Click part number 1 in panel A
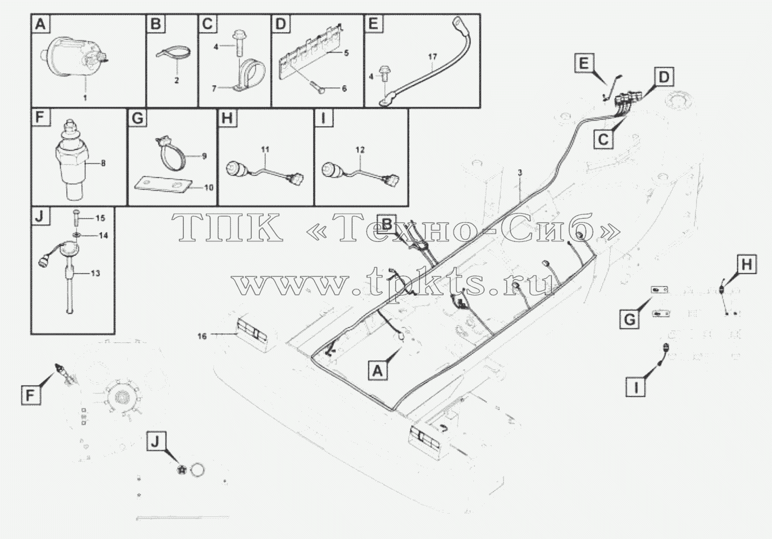pos(85,98)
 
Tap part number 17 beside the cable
pos(432,57)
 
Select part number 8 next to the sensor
pos(103,163)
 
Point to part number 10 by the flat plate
pos(209,188)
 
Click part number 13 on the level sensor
pos(95,273)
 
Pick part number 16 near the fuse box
pos(202,336)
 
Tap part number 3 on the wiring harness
pos(520,172)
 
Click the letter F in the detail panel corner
pos(40,118)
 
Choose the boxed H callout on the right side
pos(747,265)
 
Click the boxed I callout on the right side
pos(636,387)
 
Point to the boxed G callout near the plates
pos(629,319)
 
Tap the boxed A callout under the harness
pos(378,371)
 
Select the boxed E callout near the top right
pos(584,64)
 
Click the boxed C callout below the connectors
pos(603,140)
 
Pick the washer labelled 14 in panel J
pos(75,235)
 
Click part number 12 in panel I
pos(360,150)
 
